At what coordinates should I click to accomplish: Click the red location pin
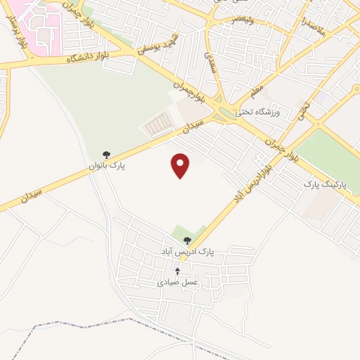click(181, 165)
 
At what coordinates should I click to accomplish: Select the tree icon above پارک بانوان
click(106, 154)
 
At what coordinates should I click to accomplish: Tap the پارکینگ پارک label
click(321, 184)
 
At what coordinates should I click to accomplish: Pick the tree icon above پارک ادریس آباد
click(186, 240)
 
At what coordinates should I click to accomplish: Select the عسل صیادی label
click(177, 282)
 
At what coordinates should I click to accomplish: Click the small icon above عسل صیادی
click(177, 271)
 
